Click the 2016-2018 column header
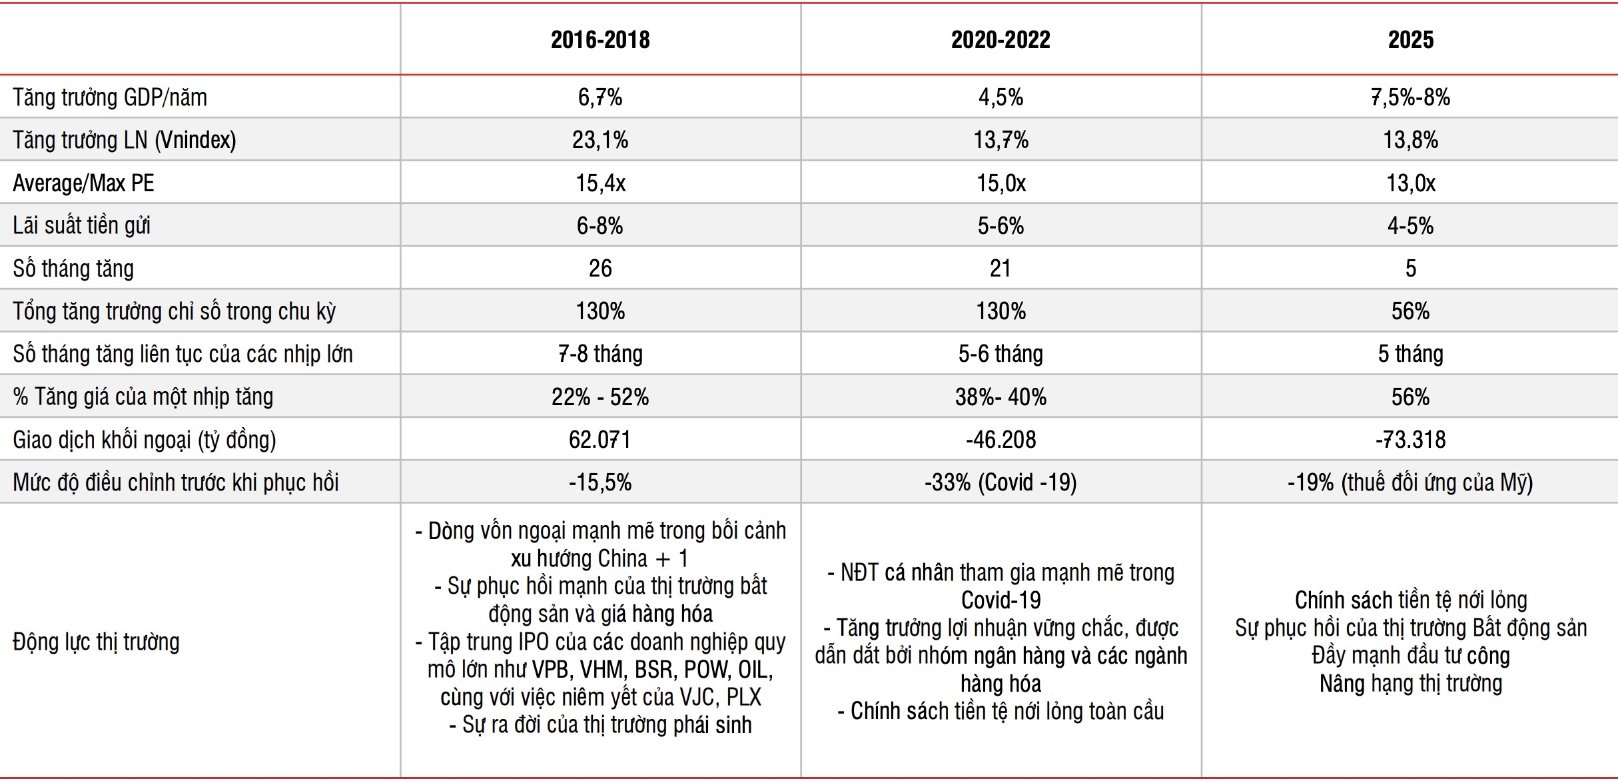point(600,40)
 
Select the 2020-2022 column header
point(1001,40)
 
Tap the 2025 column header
point(1410,40)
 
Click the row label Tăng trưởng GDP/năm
point(110,98)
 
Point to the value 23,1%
point(600,140)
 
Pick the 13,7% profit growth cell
point(1001,140)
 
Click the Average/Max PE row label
point(83,183)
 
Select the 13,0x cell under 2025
point(1410,183)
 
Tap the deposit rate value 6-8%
point(600,226)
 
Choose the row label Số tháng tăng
point(73,269)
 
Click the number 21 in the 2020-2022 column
point(1001,269)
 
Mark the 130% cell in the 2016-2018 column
point(600,311)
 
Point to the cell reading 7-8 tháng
point(600,354)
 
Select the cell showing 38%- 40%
point(1001,397)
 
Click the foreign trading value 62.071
point(600,440)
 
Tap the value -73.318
point(1410,440)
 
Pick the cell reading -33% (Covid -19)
point(1001,482)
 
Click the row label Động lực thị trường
point(97,642)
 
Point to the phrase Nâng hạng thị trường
point(1410,684)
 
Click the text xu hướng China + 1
point(600,558)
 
